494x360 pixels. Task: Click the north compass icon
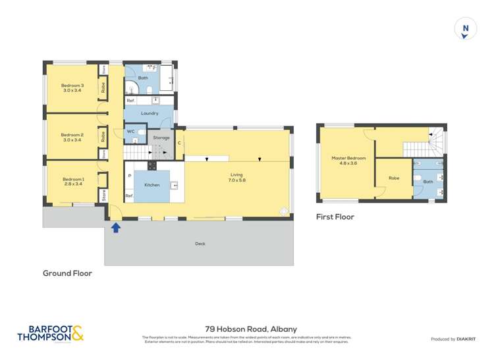(466, 29)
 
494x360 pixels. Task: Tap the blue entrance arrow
(116, 228)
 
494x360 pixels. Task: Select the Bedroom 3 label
(73, 88)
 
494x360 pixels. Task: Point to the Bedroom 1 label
(73, 182)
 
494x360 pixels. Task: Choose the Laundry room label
(150, 113)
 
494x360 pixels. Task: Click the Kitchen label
(152, 185)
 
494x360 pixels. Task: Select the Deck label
(200, 244)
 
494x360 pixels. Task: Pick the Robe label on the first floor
(394, 178)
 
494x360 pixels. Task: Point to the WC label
(130, 132)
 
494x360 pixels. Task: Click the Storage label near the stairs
(161, 138)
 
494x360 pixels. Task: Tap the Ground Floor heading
(67, 273)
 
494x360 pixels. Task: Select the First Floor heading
(335, 217)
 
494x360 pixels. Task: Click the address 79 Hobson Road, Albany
(250, 328)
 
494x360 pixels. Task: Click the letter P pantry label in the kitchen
(129, 176)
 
